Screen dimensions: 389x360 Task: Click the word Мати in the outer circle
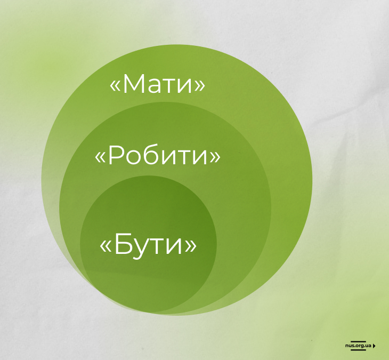point(157,84)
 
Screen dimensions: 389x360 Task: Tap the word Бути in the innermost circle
point(148,244)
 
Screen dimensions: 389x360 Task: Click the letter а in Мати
point(155,86)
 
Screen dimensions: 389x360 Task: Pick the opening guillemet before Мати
point(115,86)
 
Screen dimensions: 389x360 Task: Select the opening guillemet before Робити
point(100,157)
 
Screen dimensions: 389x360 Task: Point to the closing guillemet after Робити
point(215,157)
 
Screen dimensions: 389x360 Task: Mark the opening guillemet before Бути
point(105,246)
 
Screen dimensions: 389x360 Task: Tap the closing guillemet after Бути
point(191,246)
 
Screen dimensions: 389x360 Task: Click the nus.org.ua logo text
point(358,346)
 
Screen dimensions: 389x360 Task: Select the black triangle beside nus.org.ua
point(374,346)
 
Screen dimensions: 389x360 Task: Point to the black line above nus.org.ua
point(358,341)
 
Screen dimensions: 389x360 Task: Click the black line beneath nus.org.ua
point(358,350)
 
